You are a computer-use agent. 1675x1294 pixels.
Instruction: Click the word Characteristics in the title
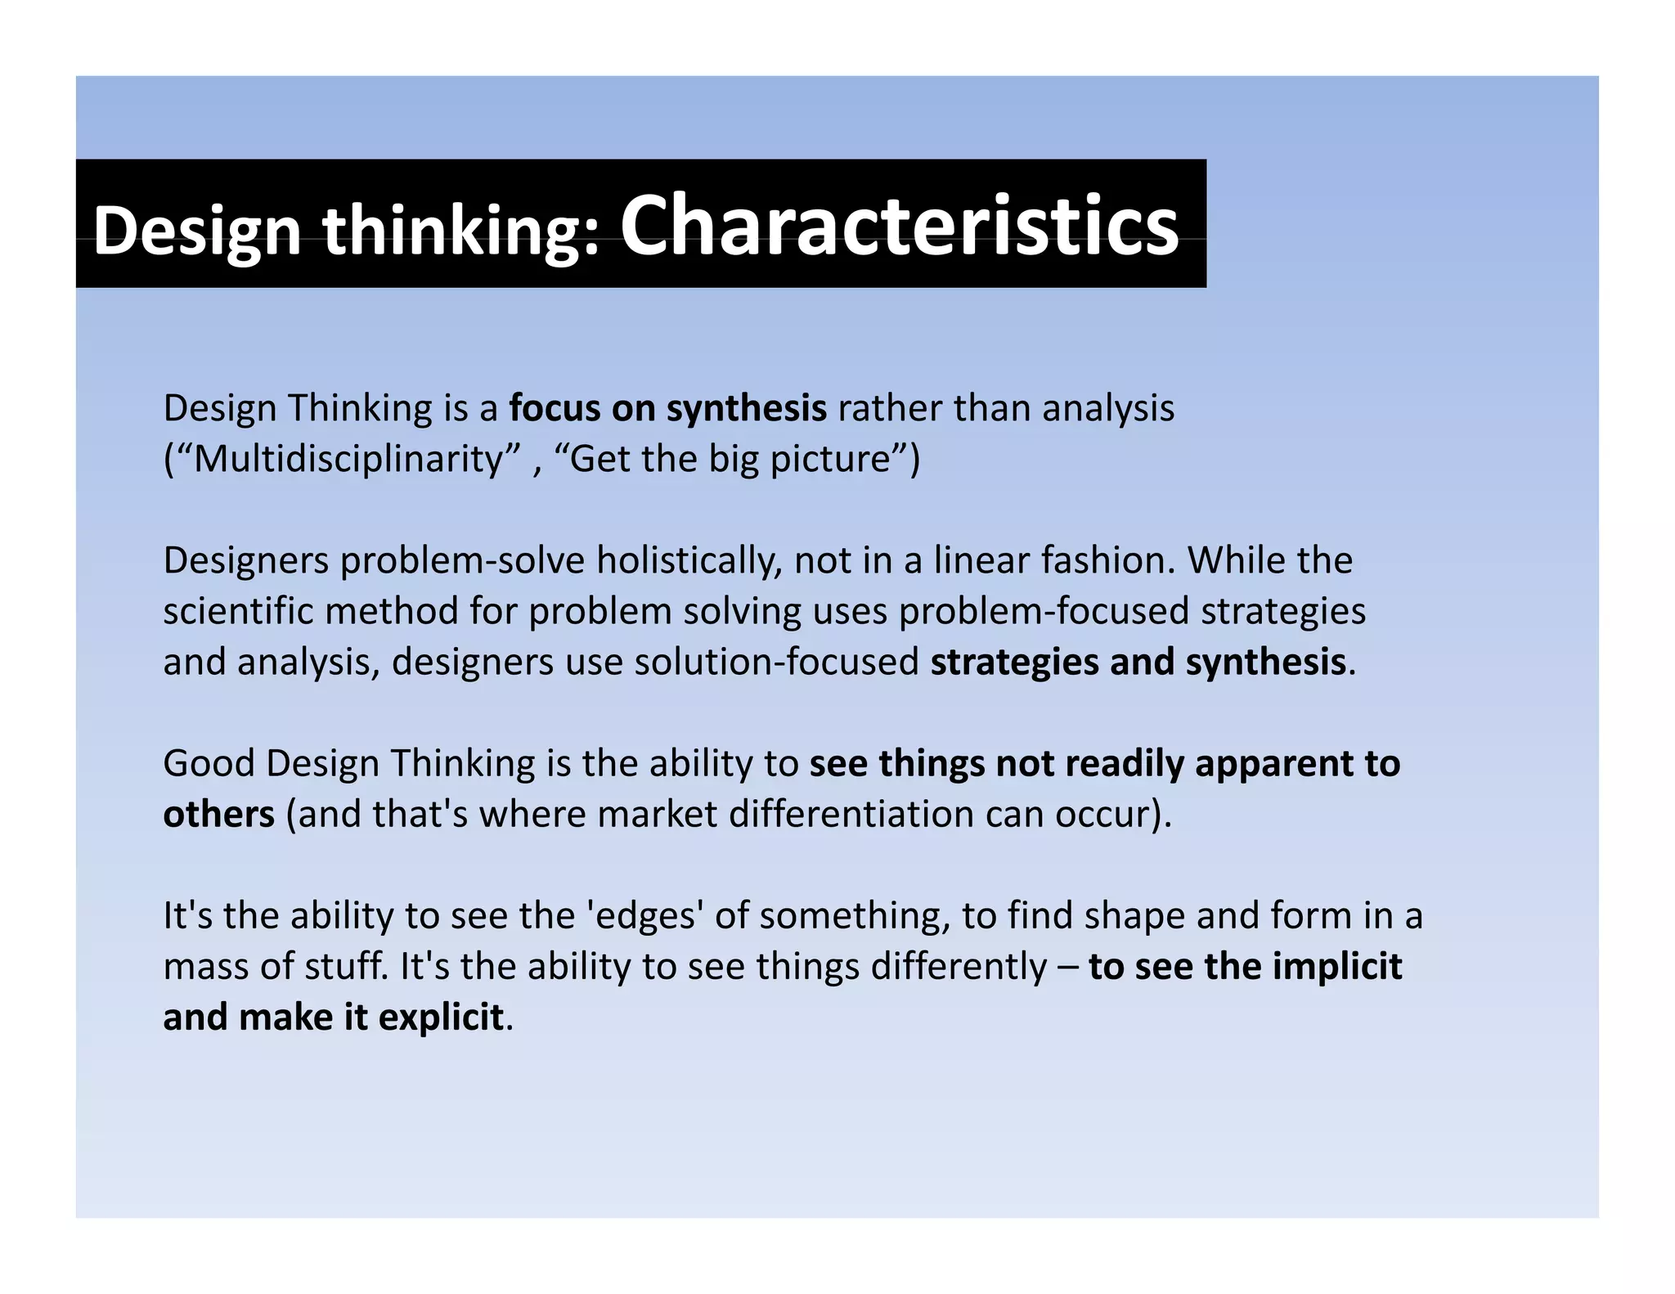[899, 225]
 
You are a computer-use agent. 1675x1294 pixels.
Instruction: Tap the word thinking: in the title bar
[462, 231]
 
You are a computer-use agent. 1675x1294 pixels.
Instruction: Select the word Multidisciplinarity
[347, 458]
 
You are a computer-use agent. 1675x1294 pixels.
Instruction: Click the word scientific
[238, 611]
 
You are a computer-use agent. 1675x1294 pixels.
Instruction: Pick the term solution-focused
[776, 662]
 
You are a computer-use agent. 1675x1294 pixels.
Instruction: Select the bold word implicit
[1337, 966]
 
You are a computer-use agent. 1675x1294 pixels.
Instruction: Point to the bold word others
[218, 814]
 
